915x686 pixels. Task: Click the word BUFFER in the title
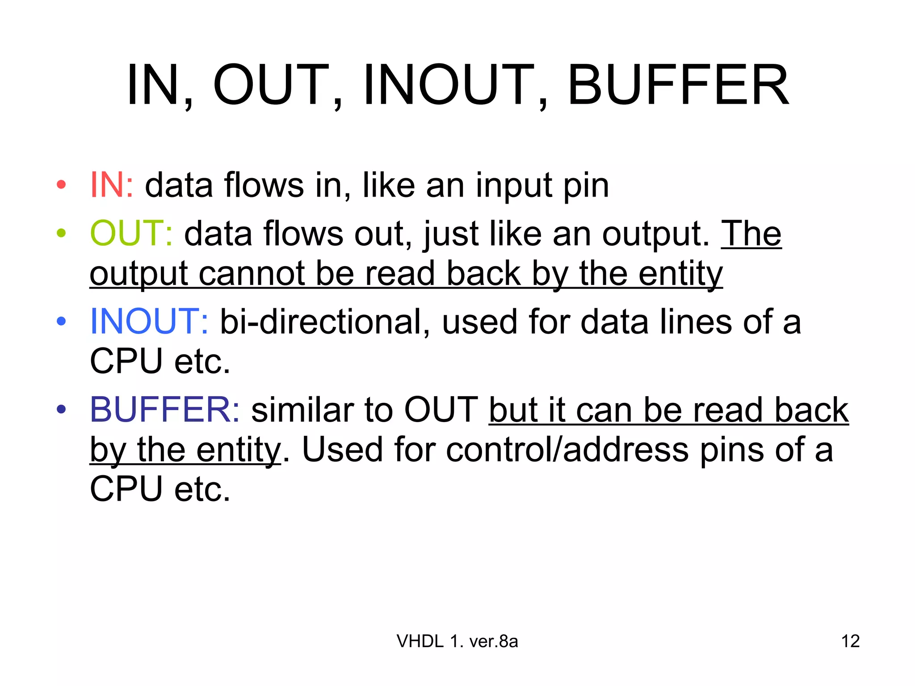pyautogui.click(x=678, y=85)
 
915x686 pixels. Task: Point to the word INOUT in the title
pyautogui.click(x=449, y=85)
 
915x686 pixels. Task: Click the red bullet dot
pyautogui.click(x=62, y=185)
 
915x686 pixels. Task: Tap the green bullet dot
pyautogui.click(x=62, y=233)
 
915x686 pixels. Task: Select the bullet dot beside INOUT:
pyautogui.click(x=62, y=321)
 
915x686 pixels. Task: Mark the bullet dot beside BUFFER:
pyautogui.click(x=62, y=409)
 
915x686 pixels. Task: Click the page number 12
pyautogui.click(x=850, y=641)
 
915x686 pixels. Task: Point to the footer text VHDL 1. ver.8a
pyautogui.click(x=457, y=641)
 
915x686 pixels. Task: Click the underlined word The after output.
pyautogui.click(x=751, y=233)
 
